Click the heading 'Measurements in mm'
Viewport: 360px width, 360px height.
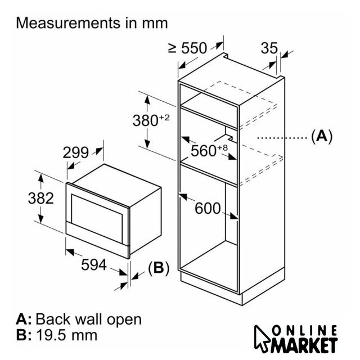pos(92,24)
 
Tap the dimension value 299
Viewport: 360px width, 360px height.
pos(76,152)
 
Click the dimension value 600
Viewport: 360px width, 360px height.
pos(207,209)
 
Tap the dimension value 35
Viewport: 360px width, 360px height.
pos(270,48)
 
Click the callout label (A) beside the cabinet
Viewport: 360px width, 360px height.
pos(321,136)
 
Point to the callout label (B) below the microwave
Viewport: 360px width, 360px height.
pos(158,269)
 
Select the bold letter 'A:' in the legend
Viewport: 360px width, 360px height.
pos(24,319)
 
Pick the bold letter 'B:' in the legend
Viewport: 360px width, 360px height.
pos(24,336)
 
